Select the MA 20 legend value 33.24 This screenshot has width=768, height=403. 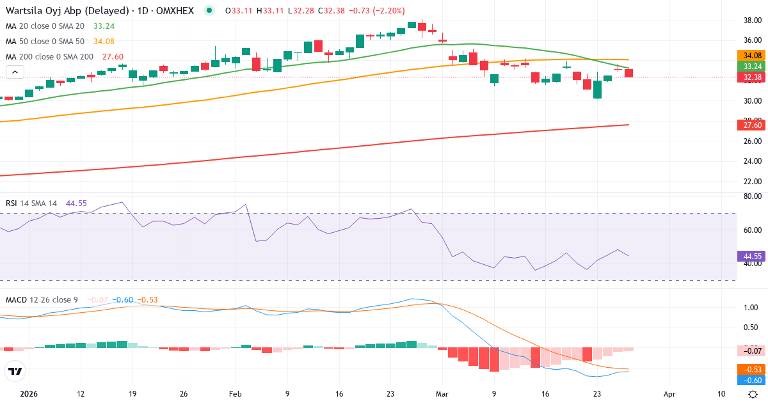point(104,26)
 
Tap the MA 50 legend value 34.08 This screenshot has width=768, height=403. point(104,41)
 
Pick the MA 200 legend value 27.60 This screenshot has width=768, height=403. point(113,56)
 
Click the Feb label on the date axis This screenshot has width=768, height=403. point(235,394)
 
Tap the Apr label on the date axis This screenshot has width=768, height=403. point(669,394)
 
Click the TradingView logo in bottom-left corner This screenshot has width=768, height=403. point(15,371)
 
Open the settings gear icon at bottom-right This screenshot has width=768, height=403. point(753,394)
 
